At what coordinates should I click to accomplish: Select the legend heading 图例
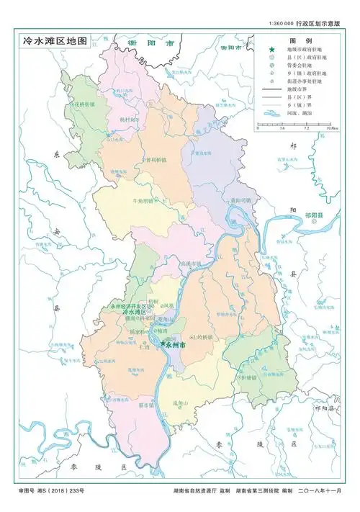[x=299, y=41]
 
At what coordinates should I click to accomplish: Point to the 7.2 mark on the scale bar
[x=307, y=128]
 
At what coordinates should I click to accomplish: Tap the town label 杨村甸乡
[x=131, y=119]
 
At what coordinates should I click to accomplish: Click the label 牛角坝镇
[x=142, y=202]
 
